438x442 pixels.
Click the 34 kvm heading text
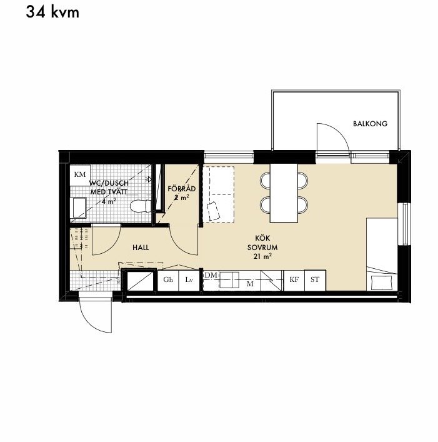click(52, 13)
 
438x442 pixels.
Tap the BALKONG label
click(370, 123)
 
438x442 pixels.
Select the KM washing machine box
click(80, 175)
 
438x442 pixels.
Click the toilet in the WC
click(141, 206)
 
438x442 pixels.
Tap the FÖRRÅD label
click(182, 188)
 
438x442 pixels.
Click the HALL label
click(141, 248)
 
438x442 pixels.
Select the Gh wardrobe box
click(168, 280)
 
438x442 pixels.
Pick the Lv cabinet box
click(189, 280)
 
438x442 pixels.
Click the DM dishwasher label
click(211, 275)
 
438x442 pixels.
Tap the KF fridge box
click(294, 280)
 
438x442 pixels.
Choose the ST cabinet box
click(315, 280)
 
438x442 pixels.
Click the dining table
click(284, 193)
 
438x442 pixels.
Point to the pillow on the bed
click(381, 283)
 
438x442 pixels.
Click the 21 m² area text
click(262, 256)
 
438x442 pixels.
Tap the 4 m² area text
click(109, 201)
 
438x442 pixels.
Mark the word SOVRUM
click(262, 247)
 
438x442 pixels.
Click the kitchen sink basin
click(229, 280)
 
